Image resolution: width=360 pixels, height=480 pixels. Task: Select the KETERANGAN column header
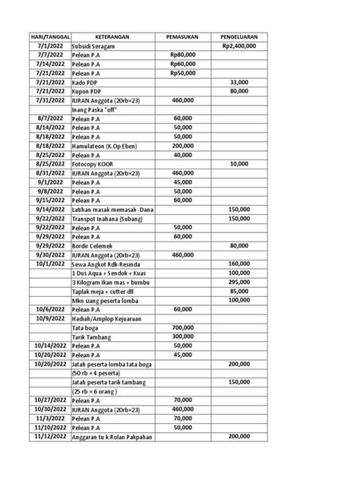[x=111, y=35]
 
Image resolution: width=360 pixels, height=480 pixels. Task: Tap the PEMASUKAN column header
[x=182, y=35]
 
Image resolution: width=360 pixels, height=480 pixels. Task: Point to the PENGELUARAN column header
[x=238, y=35]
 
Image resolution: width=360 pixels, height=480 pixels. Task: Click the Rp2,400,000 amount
[x=239, y=46]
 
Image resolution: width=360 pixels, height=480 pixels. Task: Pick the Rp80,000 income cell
[x=182, y=55]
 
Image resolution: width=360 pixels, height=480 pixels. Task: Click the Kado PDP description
[x=85, y=82]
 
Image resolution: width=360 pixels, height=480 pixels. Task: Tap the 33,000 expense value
[x=239, y=82]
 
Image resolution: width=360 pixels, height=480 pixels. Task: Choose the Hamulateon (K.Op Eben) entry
[x=104, y=145]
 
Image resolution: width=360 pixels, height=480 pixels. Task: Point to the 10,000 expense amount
[x=239, y=163]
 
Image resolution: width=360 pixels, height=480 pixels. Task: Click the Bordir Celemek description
[x=93, y=245]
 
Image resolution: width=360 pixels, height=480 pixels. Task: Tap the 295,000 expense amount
[x=239, y=282]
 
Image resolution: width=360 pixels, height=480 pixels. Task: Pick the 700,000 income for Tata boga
[x=182, y=327]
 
